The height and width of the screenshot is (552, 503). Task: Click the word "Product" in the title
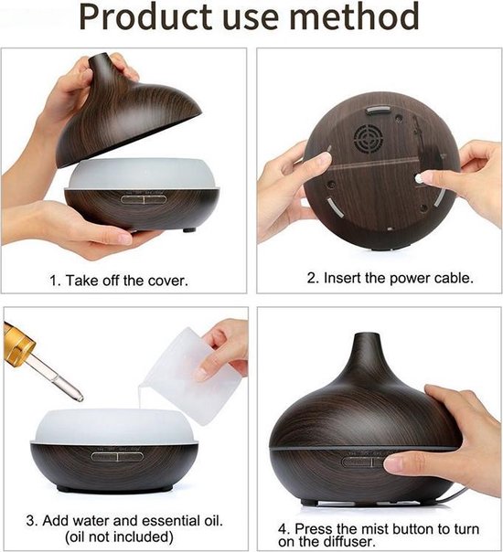[145, 18]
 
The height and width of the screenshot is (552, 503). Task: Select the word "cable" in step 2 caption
[452, 278]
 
